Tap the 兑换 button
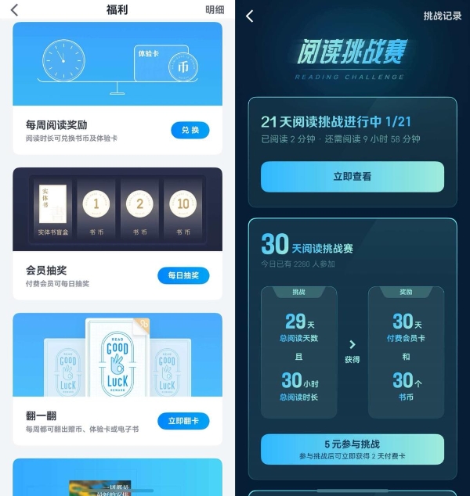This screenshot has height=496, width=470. [190, 130]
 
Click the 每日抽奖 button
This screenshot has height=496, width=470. [183, 275]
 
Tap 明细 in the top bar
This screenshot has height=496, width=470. [215, 10]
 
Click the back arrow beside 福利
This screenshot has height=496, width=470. [14, 10]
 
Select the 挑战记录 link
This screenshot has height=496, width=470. [443, 16]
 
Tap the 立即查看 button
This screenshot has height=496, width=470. [352, 177]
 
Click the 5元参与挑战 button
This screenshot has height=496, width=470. [352, 449]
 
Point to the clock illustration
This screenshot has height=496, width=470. [63, 60]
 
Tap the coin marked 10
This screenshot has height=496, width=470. [183, 204]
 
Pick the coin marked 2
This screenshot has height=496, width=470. [140, 204]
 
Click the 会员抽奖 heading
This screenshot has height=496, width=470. [47, 270]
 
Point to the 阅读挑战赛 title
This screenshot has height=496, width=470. [352, 52]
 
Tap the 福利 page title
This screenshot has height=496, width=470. [117, 10]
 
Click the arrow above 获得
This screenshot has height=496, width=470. [352, 344]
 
